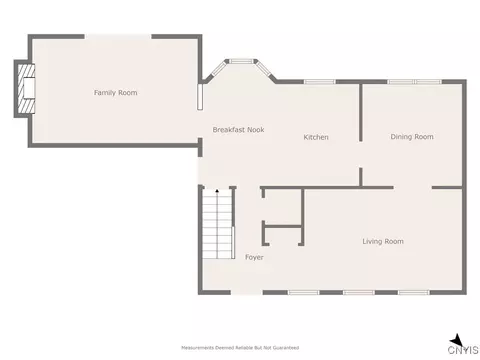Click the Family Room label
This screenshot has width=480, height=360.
pyautogui.click(x=115, y=93)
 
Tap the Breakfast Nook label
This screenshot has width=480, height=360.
pyautogui.click(x=238, y=130)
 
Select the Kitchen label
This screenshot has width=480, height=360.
pyautogui.click(x=316, y=137)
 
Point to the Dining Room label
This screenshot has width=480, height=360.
pyautogui.click(x=412, y=137)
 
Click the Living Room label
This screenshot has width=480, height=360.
pyautogui.click(x=383, y=241)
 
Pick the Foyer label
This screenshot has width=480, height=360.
pyautogui.click(x=254, y=257)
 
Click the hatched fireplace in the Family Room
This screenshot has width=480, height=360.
pyautogui.click(x=26, y=89)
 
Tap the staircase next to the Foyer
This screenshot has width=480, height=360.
pyautogui.click(x=217, y=224)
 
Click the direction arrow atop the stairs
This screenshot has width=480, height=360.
pyautogui.click(x=217, y=191)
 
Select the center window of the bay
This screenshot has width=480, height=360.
pyautogui.click(x=241, y=61)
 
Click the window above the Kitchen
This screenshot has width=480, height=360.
pyautogui.click(x=319, y=82)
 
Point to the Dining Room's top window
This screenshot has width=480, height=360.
pyautogui.click(x=414, y=82)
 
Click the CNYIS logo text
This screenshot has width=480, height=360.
pyautogui.click(x=463, y=350)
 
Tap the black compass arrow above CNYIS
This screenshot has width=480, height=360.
pyautogui.click(x=456, y=340)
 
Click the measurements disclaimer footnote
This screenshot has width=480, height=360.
pyautogui.click(x=240, y=348)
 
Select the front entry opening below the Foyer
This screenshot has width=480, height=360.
pyautogui.click(x=247, y=293)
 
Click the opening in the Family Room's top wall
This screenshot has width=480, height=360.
pyautogui.click(x=118, y=36)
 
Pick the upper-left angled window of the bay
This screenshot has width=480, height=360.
pyautogui.click(x=218, y=69)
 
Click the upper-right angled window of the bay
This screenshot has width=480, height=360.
pyautogui.click(x=265, y=69)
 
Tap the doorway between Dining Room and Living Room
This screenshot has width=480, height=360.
pyautogui.click(x=413, y=188)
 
